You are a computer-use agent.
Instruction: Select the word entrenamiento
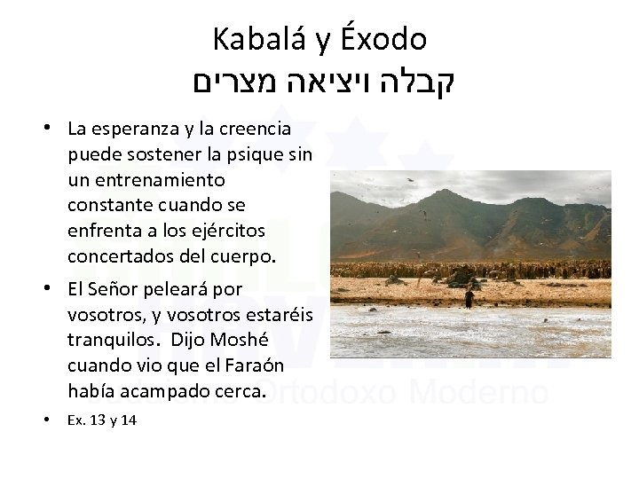pyautogui.click(x=155, y=180)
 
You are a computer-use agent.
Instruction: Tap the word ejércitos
pyautogui.click(x=231, y=231)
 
